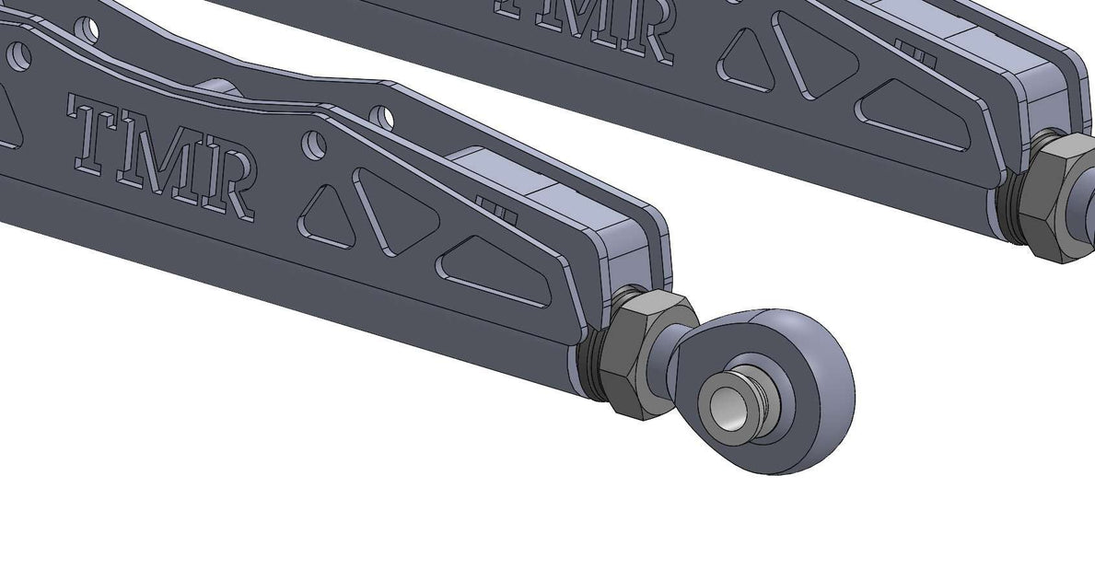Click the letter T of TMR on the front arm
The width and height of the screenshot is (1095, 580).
95,130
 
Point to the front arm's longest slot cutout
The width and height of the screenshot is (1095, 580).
497,273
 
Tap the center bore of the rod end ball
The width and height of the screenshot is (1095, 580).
727,405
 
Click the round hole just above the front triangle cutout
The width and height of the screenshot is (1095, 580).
316,145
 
